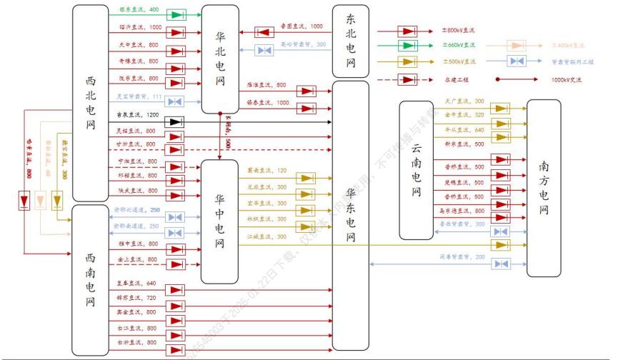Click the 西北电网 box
coord(90,104)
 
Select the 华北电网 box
coord(220,59)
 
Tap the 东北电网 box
coord(350,41)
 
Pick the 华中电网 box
coord(219,221)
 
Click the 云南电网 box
coord(416,170)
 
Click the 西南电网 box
coord(90,280)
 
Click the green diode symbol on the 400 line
coord(175,14)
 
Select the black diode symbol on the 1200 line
coord(174,122)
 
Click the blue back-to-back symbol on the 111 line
coord(174,101)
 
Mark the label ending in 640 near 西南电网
coord(136,283)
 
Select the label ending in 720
coord(136,296)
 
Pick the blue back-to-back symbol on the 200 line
coord(502,264)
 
